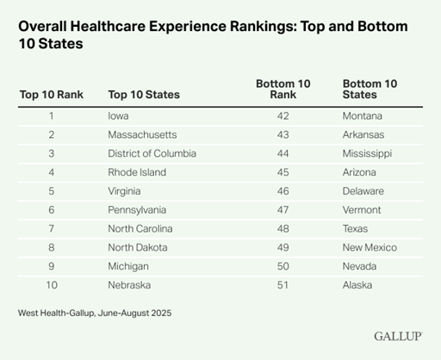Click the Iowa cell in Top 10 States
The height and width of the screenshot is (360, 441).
(119, 115)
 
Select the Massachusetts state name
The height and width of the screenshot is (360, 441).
(143, 134)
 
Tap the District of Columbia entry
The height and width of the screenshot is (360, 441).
(152, 153)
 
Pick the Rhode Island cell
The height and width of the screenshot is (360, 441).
(137, 172)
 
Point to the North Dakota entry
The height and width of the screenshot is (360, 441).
(139, 247)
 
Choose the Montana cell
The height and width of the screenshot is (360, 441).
(363, 115)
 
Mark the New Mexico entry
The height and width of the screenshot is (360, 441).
(370, 247)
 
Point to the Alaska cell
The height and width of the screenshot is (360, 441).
(357, 285)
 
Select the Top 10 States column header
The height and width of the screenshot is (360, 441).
(144, 94)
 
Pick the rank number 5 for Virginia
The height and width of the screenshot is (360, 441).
(51, 191)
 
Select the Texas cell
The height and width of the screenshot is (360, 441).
(356, 228)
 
